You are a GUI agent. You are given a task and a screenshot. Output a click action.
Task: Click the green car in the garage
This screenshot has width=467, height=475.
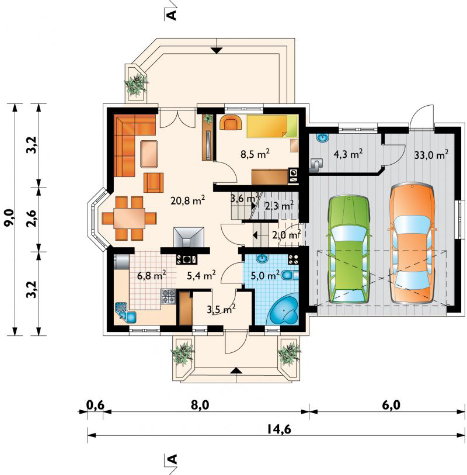pyautogui.click(x=349, y=249)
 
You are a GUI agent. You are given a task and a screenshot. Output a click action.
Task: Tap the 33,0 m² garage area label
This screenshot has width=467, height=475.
pyautogui.click(x=431, y=155)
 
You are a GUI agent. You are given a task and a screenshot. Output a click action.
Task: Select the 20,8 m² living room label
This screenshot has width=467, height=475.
pyautogui.click(x=187, y=201)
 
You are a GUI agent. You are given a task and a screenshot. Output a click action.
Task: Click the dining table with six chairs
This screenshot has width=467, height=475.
pyautogui.click(x=129, y=219)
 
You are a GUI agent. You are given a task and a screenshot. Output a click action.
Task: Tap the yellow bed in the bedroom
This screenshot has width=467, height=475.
pyautogui.click(x=272, y=126)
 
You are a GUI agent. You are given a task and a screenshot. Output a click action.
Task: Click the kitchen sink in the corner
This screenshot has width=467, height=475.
pyautogui.click(x=126, y=313)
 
